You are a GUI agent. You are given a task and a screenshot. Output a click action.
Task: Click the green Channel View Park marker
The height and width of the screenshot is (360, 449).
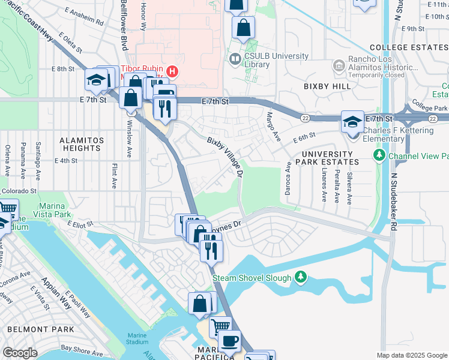click(x=379, y=156)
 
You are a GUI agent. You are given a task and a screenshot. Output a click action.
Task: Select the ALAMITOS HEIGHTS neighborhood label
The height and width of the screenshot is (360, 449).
click(x=80, y=144)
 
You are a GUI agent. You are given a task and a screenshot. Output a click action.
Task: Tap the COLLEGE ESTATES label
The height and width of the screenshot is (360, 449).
click(x=409, y=47)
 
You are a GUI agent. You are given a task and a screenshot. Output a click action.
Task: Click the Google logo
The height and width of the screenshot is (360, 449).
click(x=20, y=353)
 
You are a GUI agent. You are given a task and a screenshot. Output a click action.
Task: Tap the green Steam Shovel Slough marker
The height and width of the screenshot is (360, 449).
click(x=301, y=277)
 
